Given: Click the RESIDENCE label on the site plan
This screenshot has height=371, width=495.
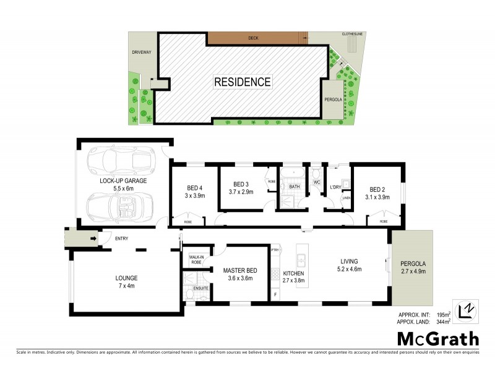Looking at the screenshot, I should [242, 82].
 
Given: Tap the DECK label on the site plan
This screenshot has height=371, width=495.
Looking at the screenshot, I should [253, 38].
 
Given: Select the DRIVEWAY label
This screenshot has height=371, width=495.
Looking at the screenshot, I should [141, 53].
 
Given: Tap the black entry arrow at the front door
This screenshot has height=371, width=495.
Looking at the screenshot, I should [93, 238].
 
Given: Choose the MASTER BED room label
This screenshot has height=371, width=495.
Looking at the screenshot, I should [238, 274].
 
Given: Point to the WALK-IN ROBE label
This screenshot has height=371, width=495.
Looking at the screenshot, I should [196, 260].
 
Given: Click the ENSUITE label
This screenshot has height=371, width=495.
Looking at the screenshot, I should [201, 288].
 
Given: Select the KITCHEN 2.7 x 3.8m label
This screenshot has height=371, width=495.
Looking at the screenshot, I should [295, 276].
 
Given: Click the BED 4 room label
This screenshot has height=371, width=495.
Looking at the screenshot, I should [195, 192].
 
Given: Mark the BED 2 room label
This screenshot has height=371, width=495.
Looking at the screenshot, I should [377, 193].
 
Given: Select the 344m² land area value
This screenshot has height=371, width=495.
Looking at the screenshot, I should [443, 322].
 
